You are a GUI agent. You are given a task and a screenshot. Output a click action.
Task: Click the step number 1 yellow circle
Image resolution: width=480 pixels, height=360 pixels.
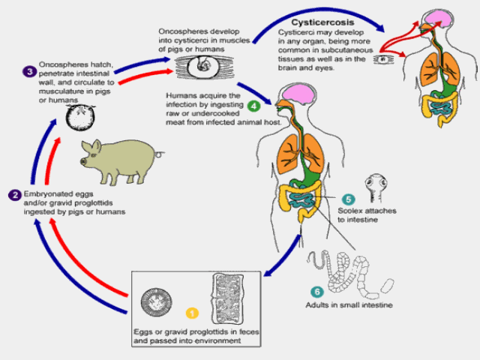191,312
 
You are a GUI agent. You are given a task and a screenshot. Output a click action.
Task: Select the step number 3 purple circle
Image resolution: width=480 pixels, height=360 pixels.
28,72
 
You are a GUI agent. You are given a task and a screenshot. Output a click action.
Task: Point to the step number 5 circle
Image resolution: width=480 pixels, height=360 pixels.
347,199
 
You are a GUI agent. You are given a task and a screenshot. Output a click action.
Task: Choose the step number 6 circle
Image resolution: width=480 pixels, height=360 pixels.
316,292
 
